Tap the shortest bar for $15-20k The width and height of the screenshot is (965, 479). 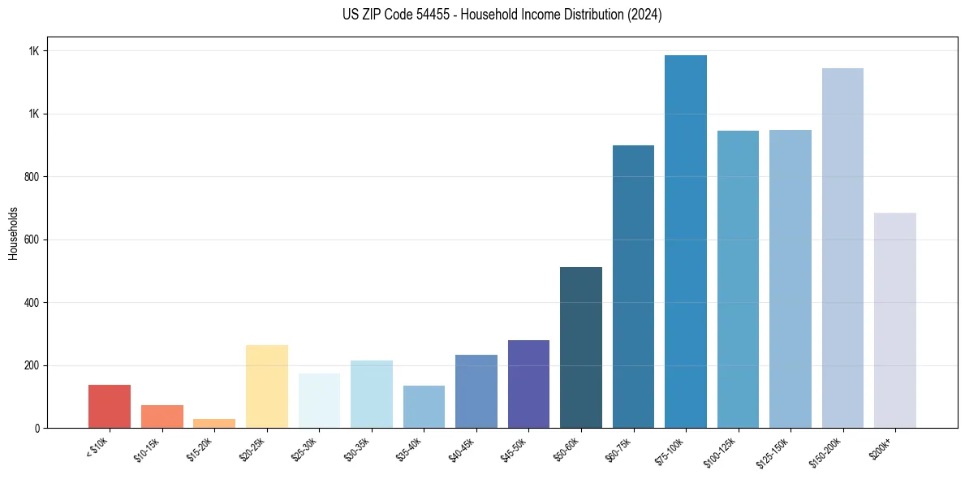pyautogui.click(x=214, y=423)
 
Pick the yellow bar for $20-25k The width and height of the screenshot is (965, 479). pyautogui.click(x=267, y=386)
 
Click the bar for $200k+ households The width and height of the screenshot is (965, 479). pyautogui.click(x=895, y=320)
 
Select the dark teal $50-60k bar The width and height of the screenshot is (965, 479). pyautogui.click(x=581, y=347)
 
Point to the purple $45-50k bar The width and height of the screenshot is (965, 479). pyautogui.click(x=528, y=384)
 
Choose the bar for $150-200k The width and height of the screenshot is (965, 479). pyautogui.click(x=842, y=248)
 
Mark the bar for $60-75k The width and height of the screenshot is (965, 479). pyautogui.click(x=633, y=287)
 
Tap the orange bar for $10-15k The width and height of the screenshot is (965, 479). pyautogui.click(x=162, y=416)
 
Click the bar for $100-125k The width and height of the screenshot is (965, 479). pyautogui.click(x=738, y=279)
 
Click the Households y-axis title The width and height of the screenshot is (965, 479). pyautogui.click(x=13, y=232)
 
